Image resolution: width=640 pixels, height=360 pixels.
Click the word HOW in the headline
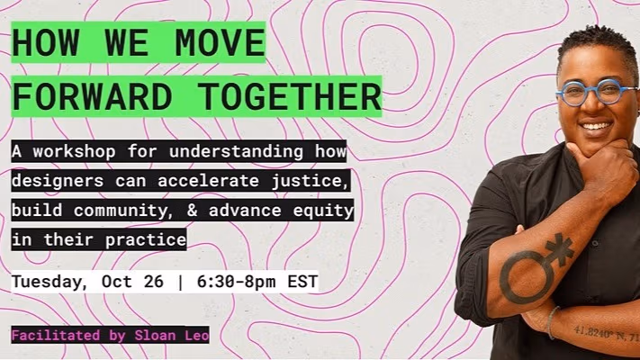44,43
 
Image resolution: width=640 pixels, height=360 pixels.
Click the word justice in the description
306,181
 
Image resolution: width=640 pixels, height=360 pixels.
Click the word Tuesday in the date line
46,282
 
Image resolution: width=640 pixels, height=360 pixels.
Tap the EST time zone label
302,282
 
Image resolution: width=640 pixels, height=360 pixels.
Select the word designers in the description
54,181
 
